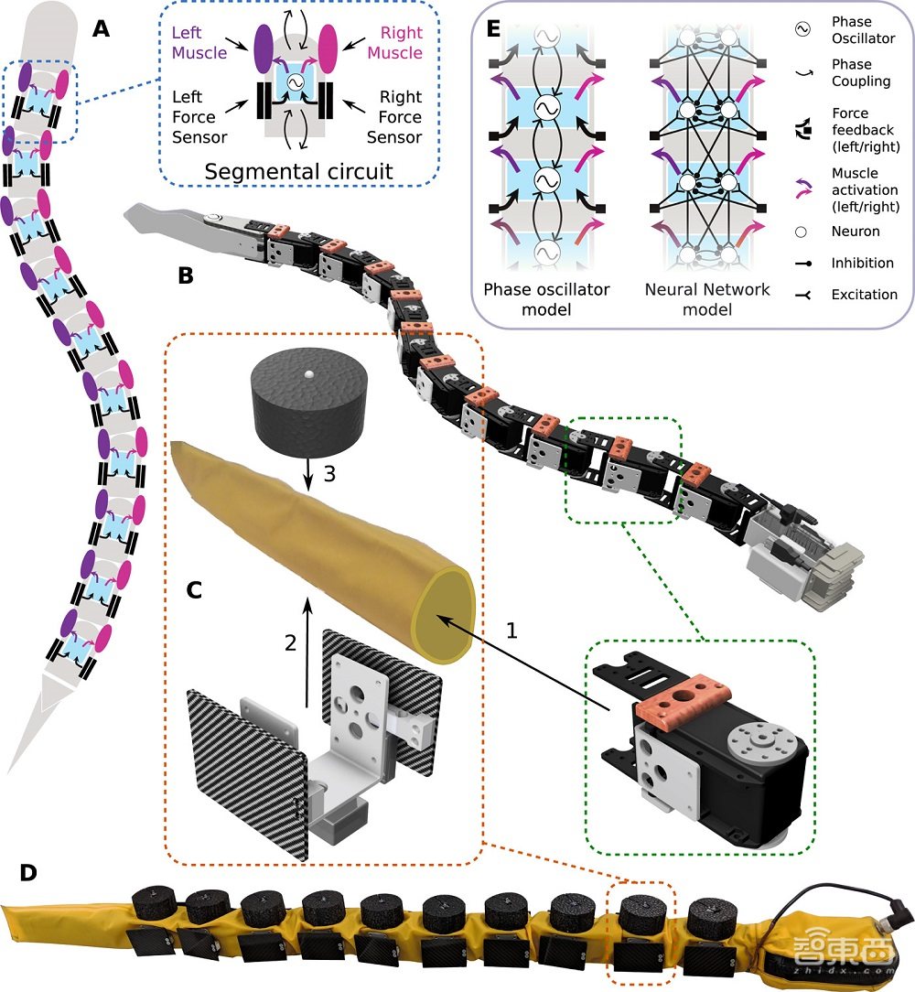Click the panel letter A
tap(102, 29)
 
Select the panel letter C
tap(194, 588)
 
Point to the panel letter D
tap(28, 872)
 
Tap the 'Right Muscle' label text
tap(395, 43)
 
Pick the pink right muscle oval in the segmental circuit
tap(331, 43)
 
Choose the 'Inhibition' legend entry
tap(862, 263)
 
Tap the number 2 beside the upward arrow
tap(291, 643)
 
